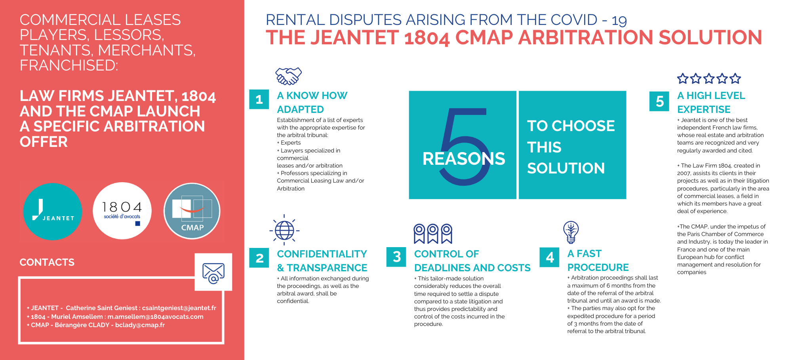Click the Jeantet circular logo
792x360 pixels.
tap(53, 211)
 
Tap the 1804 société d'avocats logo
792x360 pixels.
tap(122, 211)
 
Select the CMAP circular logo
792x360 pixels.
tap(192, 211)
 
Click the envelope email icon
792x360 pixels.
tap(213, 273)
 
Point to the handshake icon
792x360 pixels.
tap(289, 76)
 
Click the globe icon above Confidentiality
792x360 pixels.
tap(284, 230)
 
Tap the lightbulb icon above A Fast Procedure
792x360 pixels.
tap(571, 232)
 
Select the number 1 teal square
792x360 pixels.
tap(259, 99)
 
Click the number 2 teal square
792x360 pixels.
tap(259, 258)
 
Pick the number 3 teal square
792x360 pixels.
tap(396, 257)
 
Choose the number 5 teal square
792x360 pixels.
tap(659, 101)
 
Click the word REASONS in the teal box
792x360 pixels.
tap(464, 159)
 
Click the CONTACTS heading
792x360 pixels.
tap(47, 262)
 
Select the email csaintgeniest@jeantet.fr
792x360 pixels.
tap(179, 308)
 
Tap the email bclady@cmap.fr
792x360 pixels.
tap(140, 325)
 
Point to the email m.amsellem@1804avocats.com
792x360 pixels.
tap(155, 316)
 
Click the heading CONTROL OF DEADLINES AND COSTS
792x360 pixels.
tap(472, 261)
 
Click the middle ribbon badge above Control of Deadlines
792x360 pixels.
tap(433, 234)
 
